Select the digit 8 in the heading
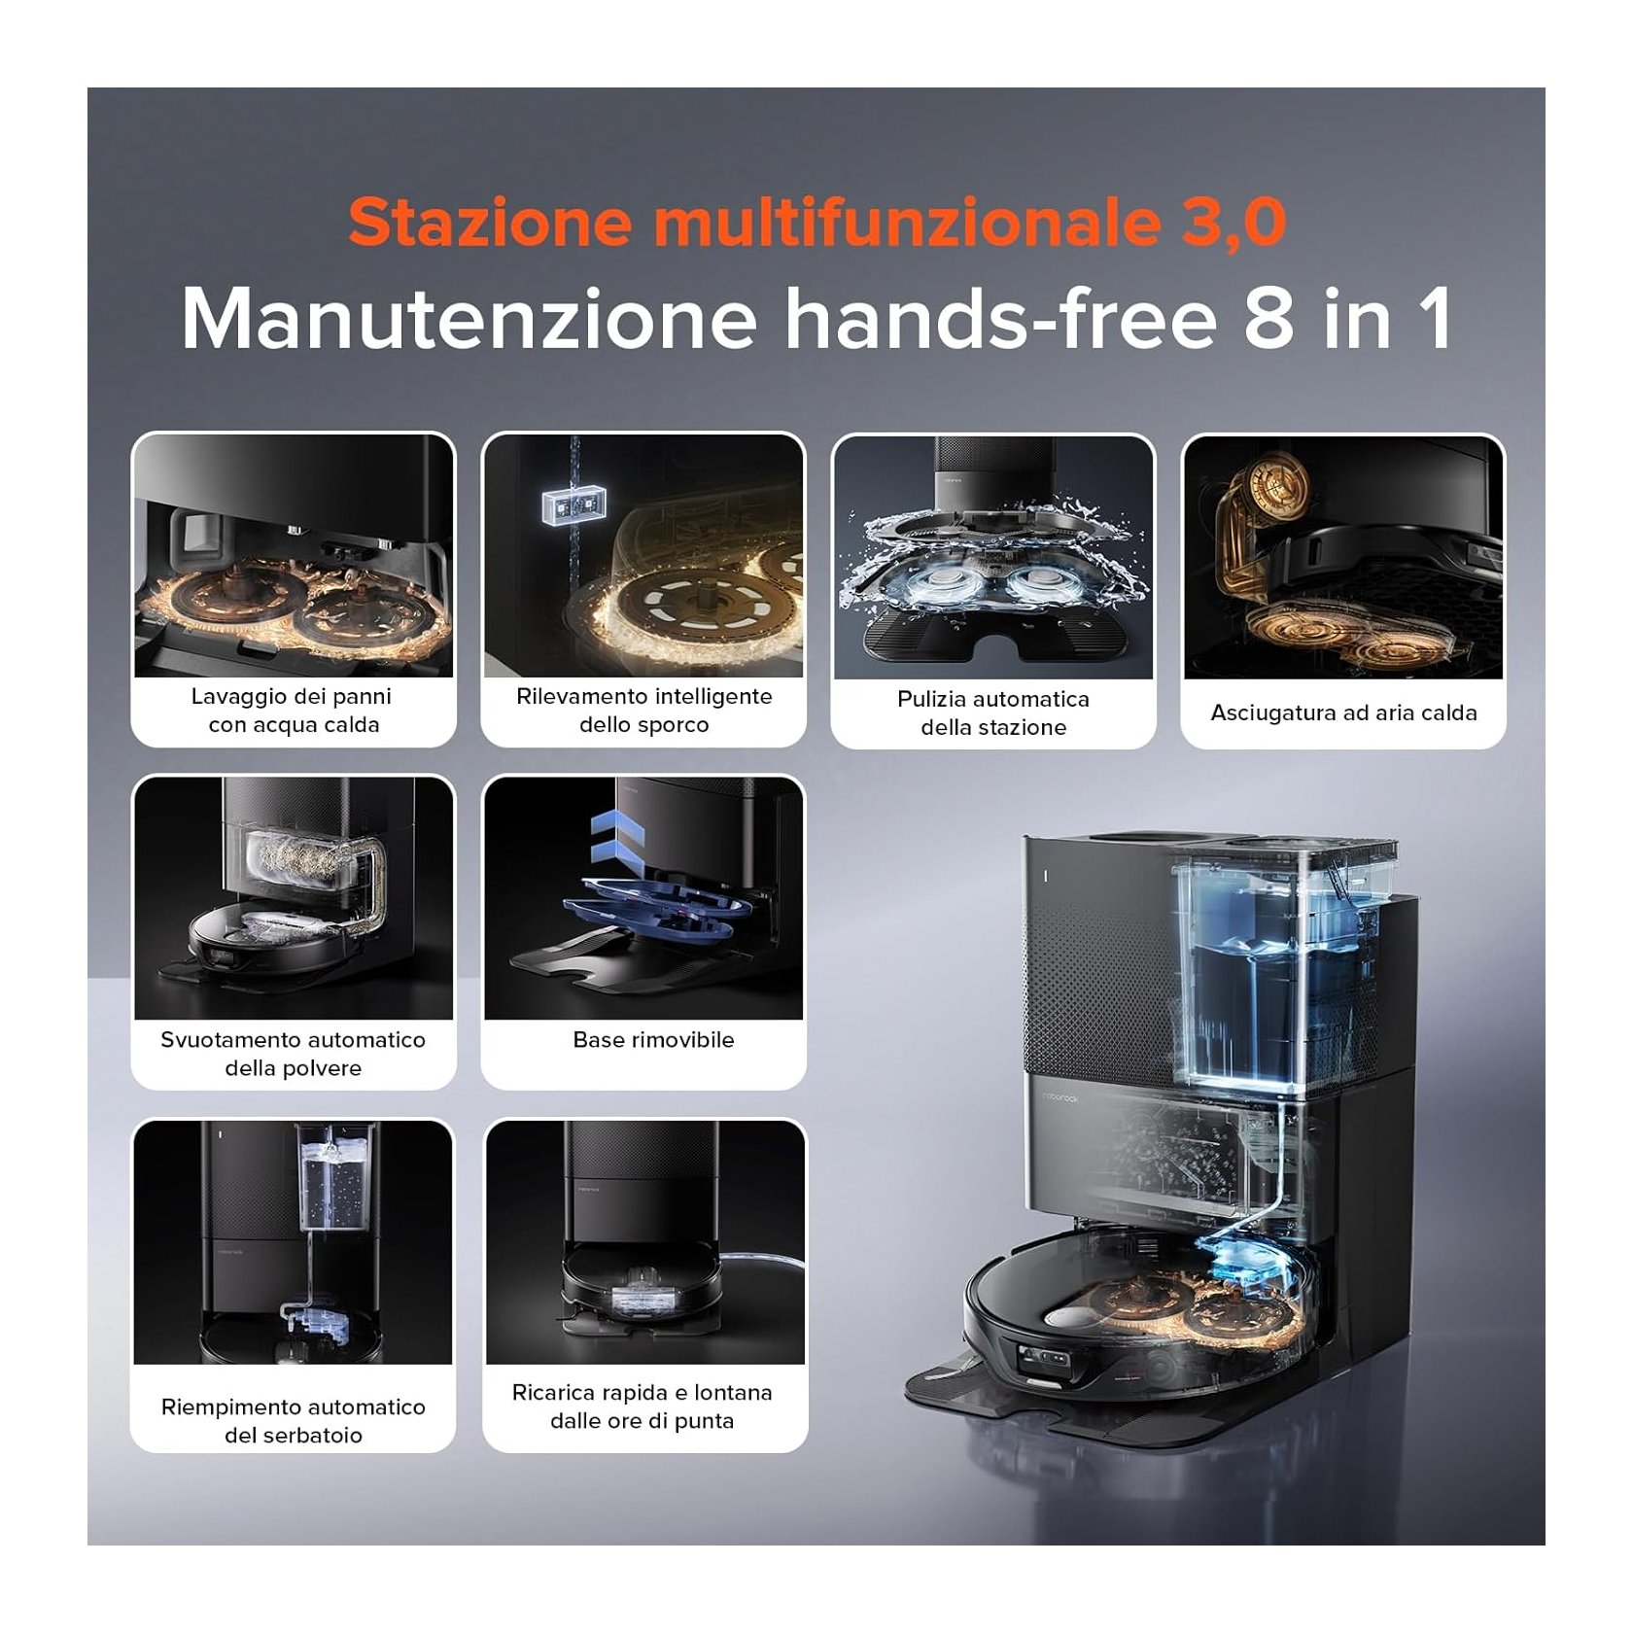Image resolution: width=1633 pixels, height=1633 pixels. pyautogui.click(x=1269, y=318)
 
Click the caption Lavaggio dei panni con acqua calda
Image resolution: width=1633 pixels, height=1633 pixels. pyautogui.click(x=293, y=711)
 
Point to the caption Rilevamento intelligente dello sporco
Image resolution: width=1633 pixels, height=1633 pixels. pyautogui.click(x=643, y=711)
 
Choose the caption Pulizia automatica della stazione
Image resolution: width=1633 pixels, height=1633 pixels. pyautogui.click(x=993, y=713)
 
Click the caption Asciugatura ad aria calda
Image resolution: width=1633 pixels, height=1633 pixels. pyautogui.click(x=1343, y=712)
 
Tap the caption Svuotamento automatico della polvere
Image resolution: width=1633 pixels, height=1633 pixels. pyautogui.click(x=293, y=1054)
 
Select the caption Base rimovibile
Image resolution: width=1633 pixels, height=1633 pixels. pyautogui.click(x=653, y=1040)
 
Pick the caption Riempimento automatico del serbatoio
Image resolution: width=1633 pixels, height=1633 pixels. pyautogui.click(x=293, y=1421)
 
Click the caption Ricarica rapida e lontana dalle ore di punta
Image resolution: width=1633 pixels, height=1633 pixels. pyautogui.click(x=643, y=1407)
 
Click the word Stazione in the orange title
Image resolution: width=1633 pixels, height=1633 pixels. pyautogui.click(x=491, y=223)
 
